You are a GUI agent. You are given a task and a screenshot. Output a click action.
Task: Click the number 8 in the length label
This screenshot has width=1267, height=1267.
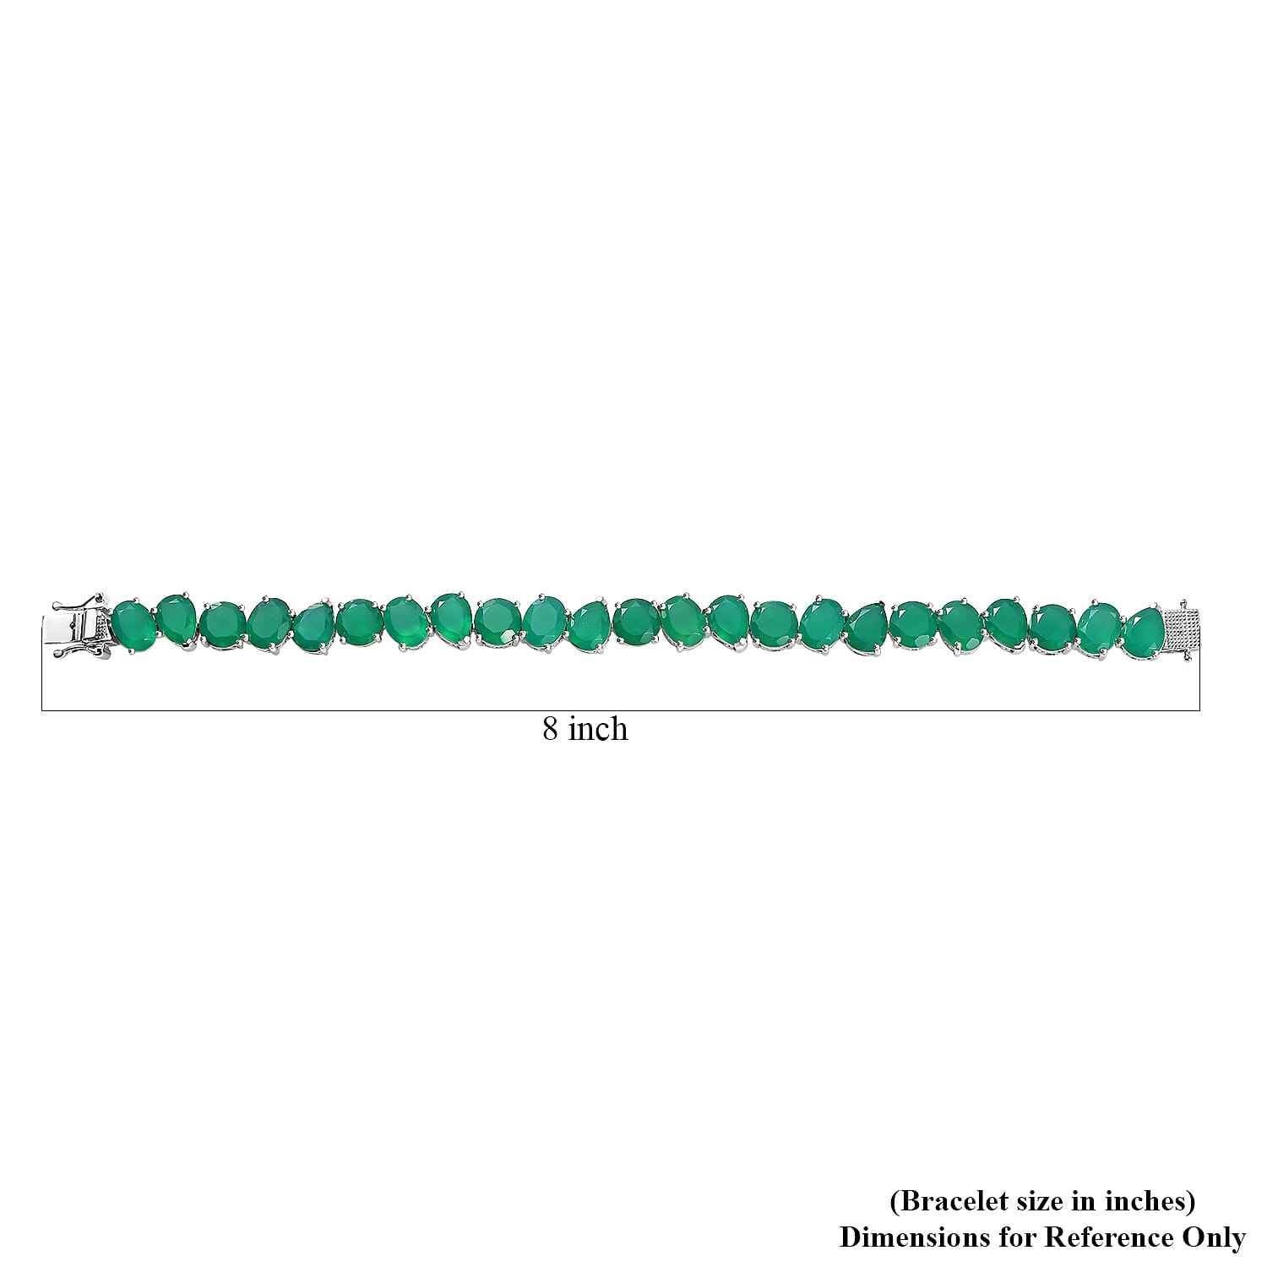tap(550, 728)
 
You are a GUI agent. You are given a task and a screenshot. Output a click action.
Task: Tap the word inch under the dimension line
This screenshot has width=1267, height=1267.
tap(597, 727)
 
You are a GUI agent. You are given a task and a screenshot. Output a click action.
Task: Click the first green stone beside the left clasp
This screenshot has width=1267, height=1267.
tap(133, 626)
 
